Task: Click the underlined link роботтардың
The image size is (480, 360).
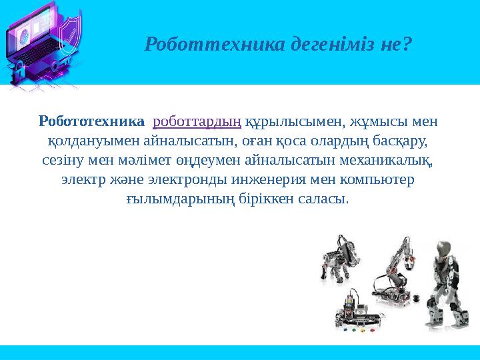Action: pos(197,123)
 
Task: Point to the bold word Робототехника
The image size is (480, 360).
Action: pos(92,122)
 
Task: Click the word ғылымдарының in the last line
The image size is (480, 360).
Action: pos(171,199)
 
